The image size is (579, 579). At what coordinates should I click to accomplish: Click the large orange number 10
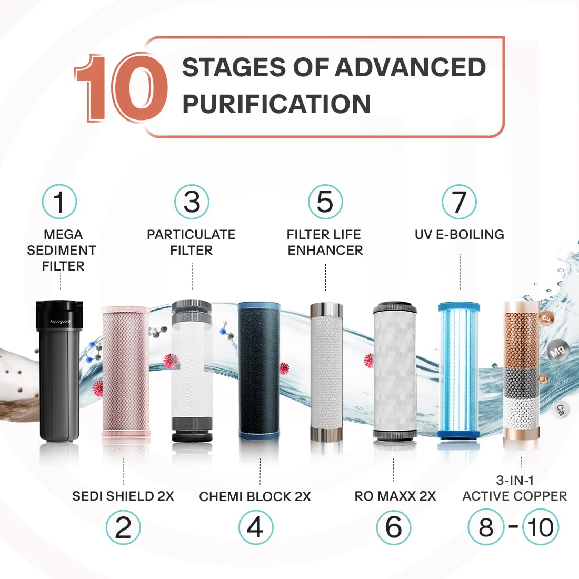[121, 88]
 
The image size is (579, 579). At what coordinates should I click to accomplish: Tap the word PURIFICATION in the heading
[276, 104]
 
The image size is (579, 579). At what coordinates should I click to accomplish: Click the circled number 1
[59, 202]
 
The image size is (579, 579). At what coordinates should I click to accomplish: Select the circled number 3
[192, 202]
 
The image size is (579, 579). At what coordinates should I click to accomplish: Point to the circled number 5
[325, 202]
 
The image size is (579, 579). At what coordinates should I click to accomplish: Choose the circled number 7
[460, 202]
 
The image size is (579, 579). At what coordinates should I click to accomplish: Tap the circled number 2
[123, 527]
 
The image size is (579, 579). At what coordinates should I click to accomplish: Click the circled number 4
[256, 527]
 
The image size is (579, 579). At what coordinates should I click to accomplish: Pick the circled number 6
[394, 527]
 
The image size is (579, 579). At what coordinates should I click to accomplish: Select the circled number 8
[486, 527]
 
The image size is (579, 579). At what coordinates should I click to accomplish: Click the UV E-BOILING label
[460, 234]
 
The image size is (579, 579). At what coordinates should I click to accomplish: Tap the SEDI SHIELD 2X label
[123, 496]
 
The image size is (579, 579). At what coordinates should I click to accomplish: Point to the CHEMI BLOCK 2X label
[255, 497]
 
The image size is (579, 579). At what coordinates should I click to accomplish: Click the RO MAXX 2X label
[395, 496]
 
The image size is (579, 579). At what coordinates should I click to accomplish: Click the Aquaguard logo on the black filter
[60, 322]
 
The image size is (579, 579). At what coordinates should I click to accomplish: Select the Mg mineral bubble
[557, 351]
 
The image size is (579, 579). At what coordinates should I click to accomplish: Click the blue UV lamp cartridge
[459, 371]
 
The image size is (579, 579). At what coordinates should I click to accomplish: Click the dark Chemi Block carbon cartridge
[259, 371]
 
